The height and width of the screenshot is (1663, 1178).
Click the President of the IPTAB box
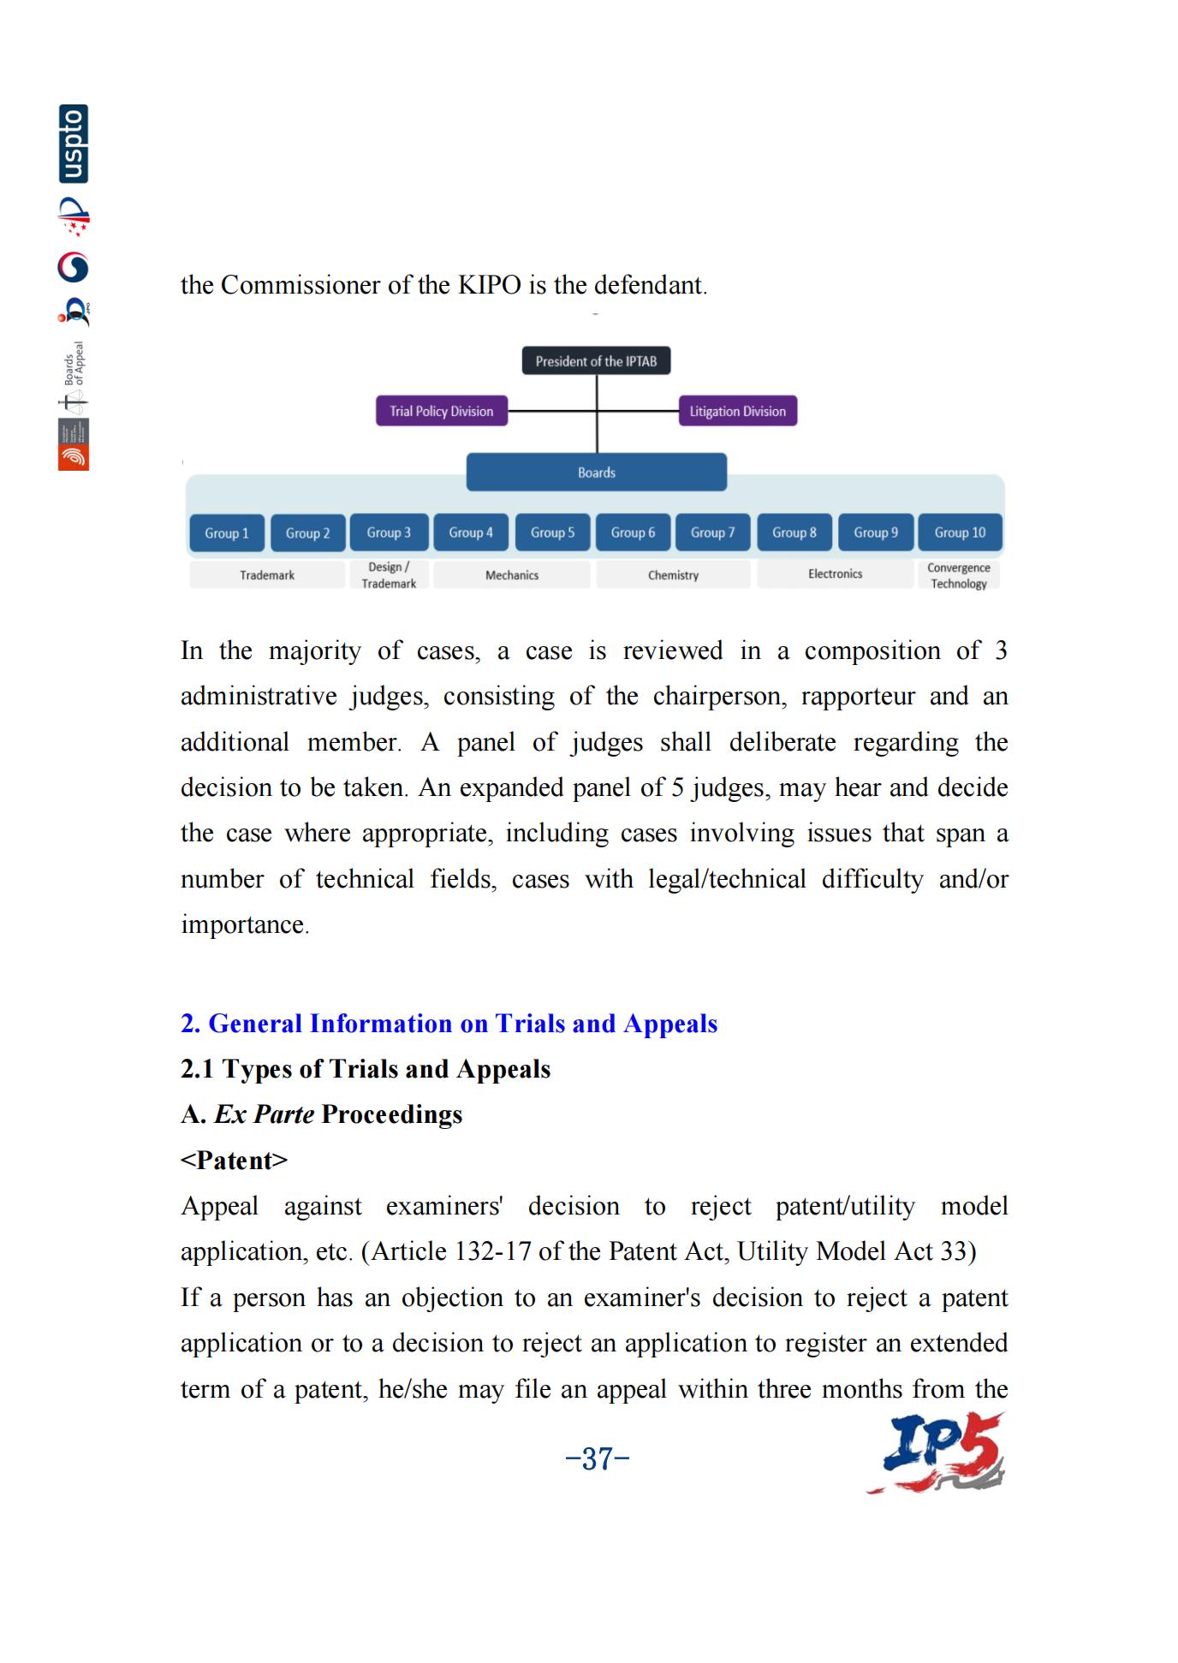point(596,361)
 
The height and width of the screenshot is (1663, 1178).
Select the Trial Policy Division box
point(441,411)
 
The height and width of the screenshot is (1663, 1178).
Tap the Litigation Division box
point(737,411)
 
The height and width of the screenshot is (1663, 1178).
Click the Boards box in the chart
point(596,472)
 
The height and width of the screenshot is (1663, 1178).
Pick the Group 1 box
point(227,533)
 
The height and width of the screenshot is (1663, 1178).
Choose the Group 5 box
point(552,532)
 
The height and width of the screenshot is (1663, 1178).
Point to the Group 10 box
point(960,532)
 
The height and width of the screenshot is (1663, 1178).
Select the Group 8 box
point(794,532)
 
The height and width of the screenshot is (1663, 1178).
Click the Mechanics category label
point(512,575)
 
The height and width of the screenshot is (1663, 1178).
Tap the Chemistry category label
point(673,575)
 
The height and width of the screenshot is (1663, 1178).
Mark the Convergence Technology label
point(959,575)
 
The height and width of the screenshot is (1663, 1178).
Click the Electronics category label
point(835,573)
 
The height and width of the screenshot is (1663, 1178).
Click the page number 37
point(598,1458)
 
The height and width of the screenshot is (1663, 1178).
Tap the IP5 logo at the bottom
point(937,1453)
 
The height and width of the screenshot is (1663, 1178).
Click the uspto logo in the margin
point(74,144)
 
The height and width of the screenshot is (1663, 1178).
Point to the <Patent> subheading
point(234,1160)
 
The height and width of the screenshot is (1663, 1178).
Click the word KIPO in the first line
point(490,285)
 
